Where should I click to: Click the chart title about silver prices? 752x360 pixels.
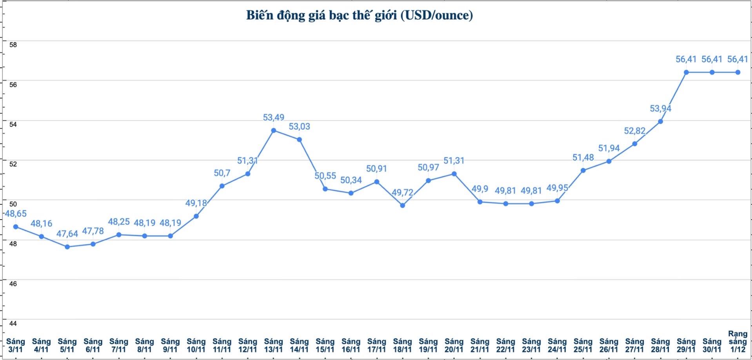click(x=359, y=15)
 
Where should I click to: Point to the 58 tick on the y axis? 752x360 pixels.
click(x=13, y=45)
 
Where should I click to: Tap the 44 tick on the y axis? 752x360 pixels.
click(x=13, y=324)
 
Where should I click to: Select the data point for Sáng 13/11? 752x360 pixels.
click(x=274, y=131)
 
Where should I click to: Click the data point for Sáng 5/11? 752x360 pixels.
click(x=67, y=247)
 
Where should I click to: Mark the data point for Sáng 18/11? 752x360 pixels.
click(x=402, y=205)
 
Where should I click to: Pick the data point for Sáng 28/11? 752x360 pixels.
click(x=660, y=122)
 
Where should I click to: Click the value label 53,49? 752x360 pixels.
click(x=274, y=117)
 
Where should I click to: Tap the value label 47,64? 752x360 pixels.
click(x=67, y=234)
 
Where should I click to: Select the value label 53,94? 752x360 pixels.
click(x=660, y=108)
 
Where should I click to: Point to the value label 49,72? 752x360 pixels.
click(x=402, y=192)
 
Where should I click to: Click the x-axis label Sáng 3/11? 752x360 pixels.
click(x=16, y=345)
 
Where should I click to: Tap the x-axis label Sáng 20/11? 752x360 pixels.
click(x=454, y=345)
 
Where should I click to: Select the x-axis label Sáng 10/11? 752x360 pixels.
click(x=196, y=345)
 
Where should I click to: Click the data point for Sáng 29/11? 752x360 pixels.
click(x=686, y=73)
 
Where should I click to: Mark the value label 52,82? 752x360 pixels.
click(x=634, y=131)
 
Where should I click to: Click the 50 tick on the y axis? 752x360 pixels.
click(x=13, y=204)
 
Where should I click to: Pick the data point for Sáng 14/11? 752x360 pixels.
click(x=299, y=140)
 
